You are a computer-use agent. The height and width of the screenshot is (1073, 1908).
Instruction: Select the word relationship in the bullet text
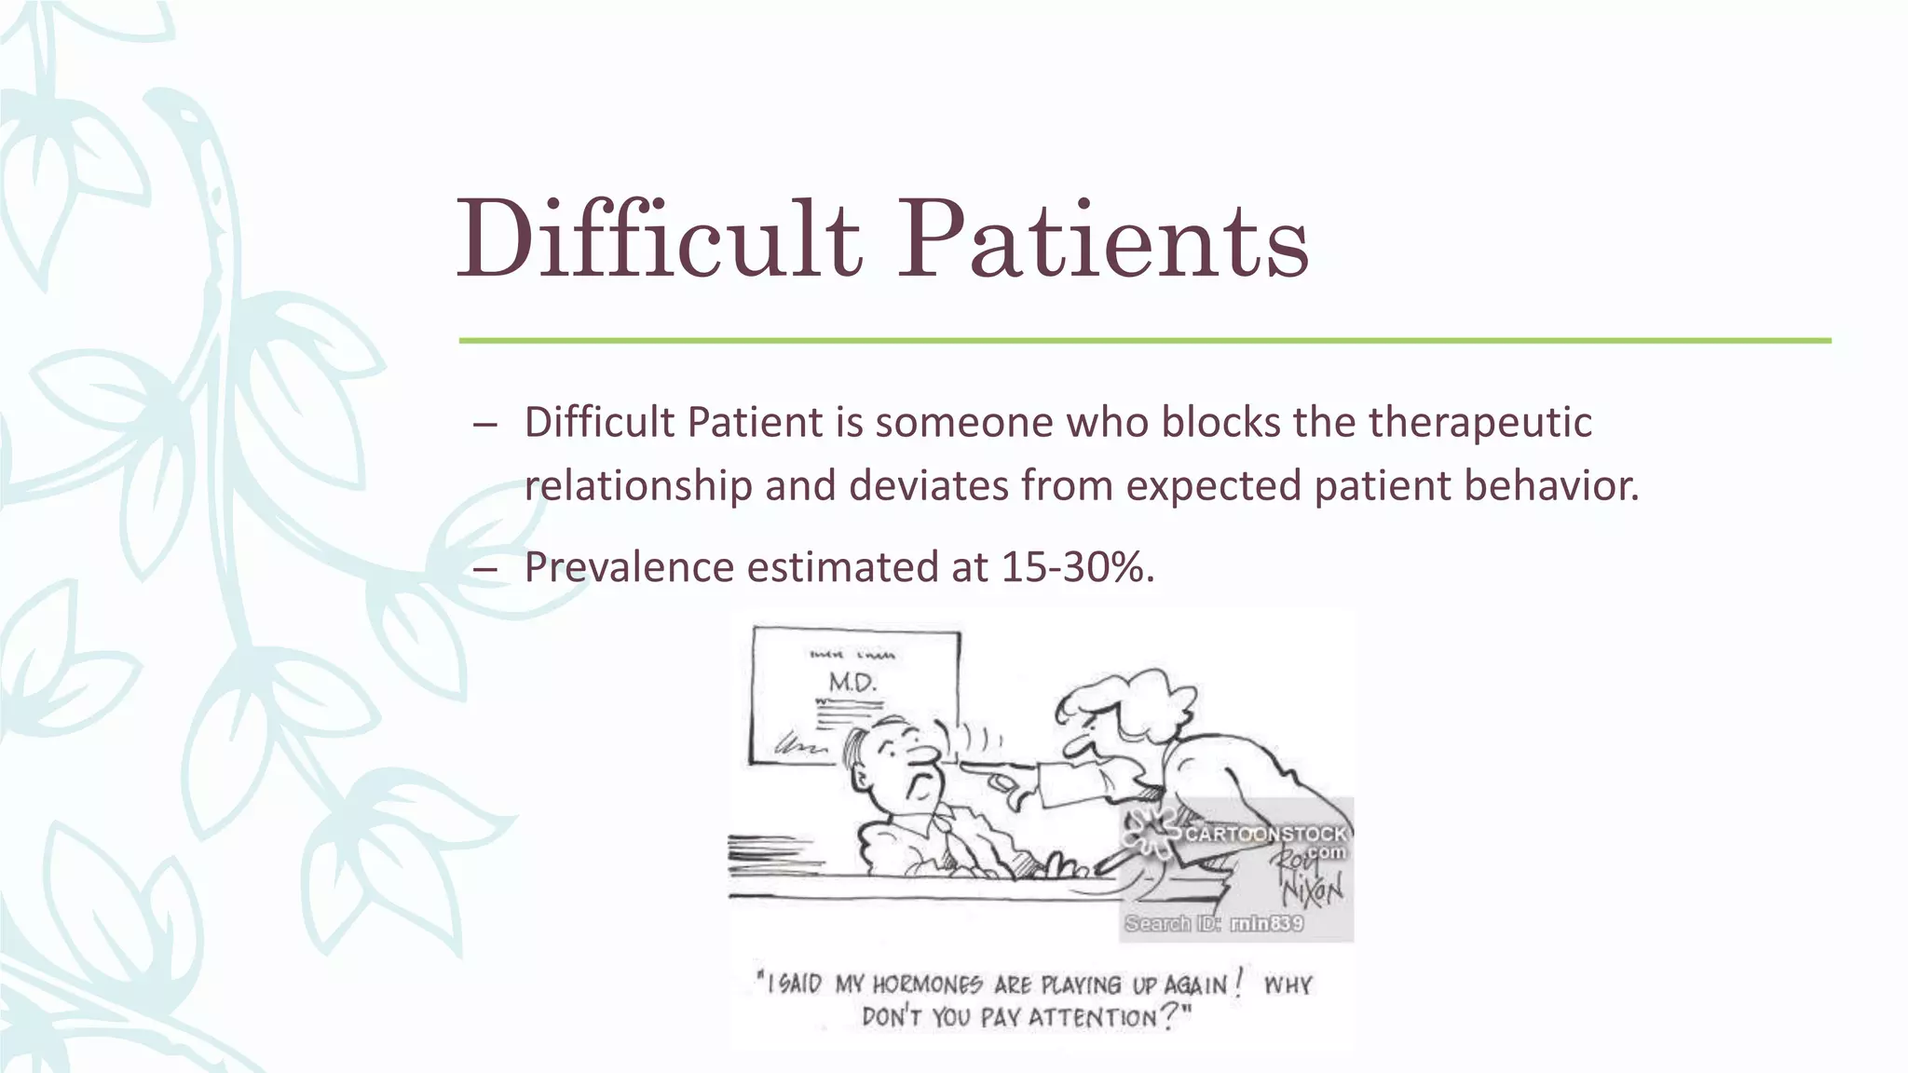638,485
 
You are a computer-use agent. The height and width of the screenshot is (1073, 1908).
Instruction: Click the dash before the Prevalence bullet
485,569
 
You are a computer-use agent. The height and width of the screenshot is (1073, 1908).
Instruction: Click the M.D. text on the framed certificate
852,683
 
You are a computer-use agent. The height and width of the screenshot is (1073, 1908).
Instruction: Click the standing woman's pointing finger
978,768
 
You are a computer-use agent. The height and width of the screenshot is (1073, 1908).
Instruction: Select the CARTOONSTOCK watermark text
1265,834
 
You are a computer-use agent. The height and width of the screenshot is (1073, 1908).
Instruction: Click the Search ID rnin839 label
1214,923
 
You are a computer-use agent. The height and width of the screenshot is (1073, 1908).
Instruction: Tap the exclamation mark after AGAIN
1239,982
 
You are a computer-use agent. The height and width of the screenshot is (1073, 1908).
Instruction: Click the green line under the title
1144,341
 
